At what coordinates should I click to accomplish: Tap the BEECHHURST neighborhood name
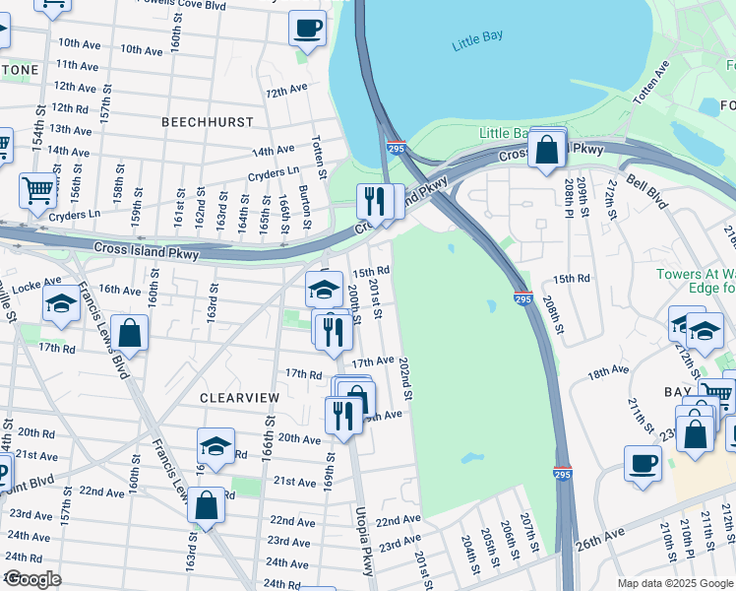pyautogui.click(x=208, y=122)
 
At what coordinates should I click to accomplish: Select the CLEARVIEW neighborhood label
pyautogui.click(x=240, y=397)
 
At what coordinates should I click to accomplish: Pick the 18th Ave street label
pyautogui.click(x=608, y=371)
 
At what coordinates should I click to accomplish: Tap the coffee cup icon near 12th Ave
pyautogui.click(x=307, y=29)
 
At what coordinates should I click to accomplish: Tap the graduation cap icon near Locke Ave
pyautogui.click(x=61, y=306)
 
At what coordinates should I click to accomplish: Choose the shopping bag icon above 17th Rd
pyautogui.click(x=129, y=333)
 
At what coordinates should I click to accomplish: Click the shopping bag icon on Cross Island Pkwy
pyautogui.click(x=546, y=151)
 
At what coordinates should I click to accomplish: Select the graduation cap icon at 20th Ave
pyautogui.click(x=215, y=445)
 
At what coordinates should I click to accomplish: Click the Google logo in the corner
pyautogui.click(x=33, y=579)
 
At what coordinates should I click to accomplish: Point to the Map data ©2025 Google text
pyautogui.click(x=674, y=583)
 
